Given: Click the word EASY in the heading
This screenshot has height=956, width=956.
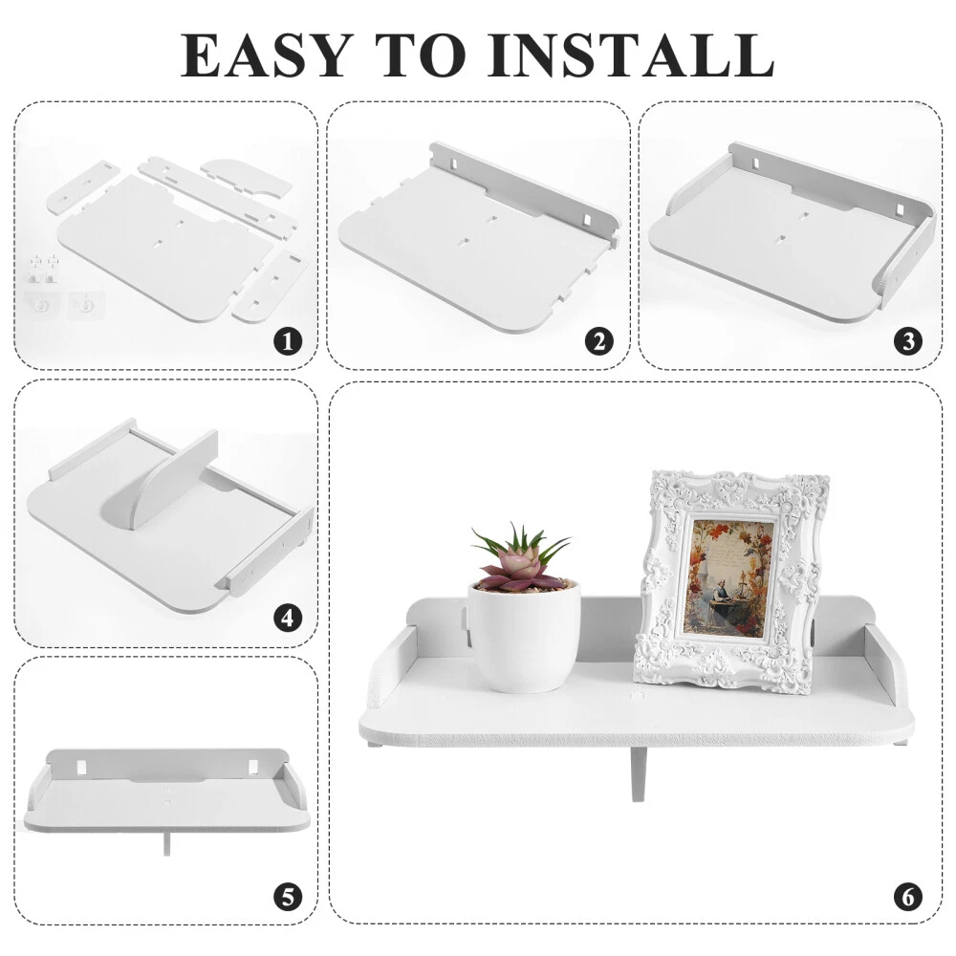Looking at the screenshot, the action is click(267, 56).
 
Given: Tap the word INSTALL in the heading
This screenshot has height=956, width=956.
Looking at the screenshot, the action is click(637, 56).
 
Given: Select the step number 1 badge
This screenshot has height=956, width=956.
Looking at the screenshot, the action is click(288, 341).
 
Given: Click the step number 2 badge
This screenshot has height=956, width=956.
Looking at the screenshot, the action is click(599, 341).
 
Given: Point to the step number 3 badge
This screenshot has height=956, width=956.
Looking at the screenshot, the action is click(908, 341).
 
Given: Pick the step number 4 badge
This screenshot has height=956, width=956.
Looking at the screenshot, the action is click(288, 619).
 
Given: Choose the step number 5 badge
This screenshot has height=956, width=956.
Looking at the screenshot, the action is click(288, 897).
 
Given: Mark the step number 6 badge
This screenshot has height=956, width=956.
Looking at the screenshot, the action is click(908, 897).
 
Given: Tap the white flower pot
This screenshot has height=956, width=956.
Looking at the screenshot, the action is click(524, 637).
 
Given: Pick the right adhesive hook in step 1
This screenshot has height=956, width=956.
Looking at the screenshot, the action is click(86, 304).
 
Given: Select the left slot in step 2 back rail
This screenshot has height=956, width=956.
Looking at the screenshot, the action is click(455, 164).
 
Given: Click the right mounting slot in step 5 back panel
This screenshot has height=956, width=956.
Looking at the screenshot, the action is click(251, 765).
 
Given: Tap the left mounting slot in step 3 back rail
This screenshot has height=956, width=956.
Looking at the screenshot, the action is click(755, 164).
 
